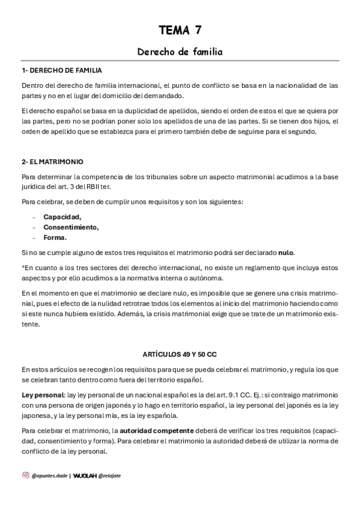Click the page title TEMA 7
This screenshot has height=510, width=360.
click(180, 29)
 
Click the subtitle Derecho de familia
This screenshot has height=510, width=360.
click(180, 52)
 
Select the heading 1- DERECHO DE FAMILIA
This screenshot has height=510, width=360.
click(61, 70)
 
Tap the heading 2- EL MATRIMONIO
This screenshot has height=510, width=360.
click(52, 162)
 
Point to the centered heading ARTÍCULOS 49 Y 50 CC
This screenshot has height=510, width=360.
click(180, 354)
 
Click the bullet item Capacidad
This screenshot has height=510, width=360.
click(62, 217)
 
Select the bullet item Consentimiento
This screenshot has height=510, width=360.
click(71, 227)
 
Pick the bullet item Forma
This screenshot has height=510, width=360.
click(55, 237)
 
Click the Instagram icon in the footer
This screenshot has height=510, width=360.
click(25, 475)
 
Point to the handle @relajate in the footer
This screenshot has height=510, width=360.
click(110, 475)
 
